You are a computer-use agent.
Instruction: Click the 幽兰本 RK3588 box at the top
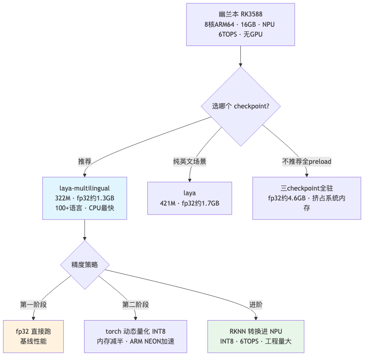[x=240, y=24]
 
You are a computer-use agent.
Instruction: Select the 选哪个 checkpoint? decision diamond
[x=240, y=106]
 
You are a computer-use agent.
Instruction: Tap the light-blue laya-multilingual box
[x=84, y=198]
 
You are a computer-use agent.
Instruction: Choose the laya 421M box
[x=190, y=198]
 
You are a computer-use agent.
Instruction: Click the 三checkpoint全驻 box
[x=307, y=198]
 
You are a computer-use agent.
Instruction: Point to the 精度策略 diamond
[x=84, y=265]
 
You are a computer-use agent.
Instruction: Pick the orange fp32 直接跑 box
[x=33, y=336]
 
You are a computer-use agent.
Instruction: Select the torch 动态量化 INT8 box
[x=135, y=336]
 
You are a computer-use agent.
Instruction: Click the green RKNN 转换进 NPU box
[x=256, y=336]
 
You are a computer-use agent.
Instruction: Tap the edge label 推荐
[x=84, y=161]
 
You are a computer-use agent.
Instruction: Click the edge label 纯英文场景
[x=190, y=161]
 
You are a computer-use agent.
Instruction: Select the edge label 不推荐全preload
[x=307, y=161]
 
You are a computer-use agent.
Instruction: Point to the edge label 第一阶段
[x=33, y=305]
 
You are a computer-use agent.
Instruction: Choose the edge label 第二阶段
[x=135, y=305]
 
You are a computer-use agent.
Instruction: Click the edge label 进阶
[x=256, y=305]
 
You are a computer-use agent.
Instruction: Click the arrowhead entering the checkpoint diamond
[x=240, y=65]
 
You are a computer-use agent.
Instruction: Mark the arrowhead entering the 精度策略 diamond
[x=84, y=239]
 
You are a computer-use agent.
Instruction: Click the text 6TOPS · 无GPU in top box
[x=240, y=34]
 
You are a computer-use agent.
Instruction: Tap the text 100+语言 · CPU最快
[x=84, y=208]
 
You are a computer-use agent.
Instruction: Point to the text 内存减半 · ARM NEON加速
[x=135, y=341]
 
